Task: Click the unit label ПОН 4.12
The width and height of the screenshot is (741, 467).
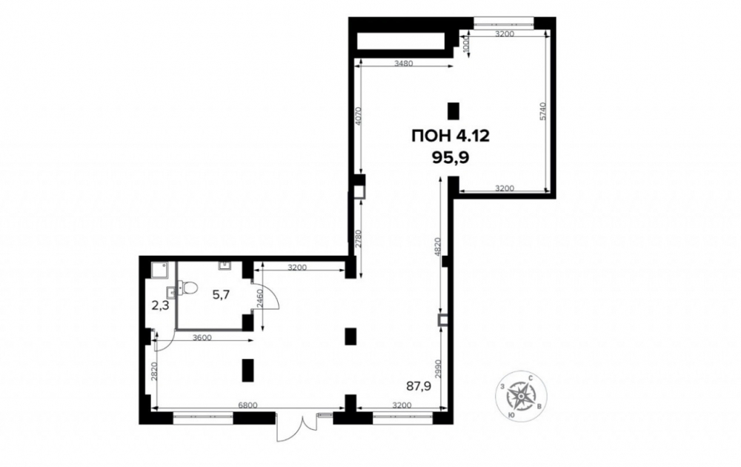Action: [450, 136]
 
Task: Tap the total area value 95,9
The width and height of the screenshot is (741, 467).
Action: [450, 157]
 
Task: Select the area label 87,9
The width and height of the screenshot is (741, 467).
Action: [419, 387]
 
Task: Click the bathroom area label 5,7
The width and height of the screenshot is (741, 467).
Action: [221, 295]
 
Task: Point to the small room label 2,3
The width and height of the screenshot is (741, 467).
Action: [160, 305]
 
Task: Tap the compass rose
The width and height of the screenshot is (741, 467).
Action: [521, 394]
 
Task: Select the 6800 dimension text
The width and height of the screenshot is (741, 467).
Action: [247, 405]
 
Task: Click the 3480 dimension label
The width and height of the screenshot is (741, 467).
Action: [404, 63]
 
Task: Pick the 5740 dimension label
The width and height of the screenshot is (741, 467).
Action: [542, 111]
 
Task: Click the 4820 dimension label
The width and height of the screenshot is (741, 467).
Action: [438, 246]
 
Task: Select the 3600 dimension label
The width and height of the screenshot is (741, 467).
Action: [202, 337]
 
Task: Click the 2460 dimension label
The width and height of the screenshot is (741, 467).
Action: [259, 299]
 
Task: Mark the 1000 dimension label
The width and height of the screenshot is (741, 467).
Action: [465, 44]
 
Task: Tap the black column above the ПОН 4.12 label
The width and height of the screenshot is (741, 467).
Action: [453, 110]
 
